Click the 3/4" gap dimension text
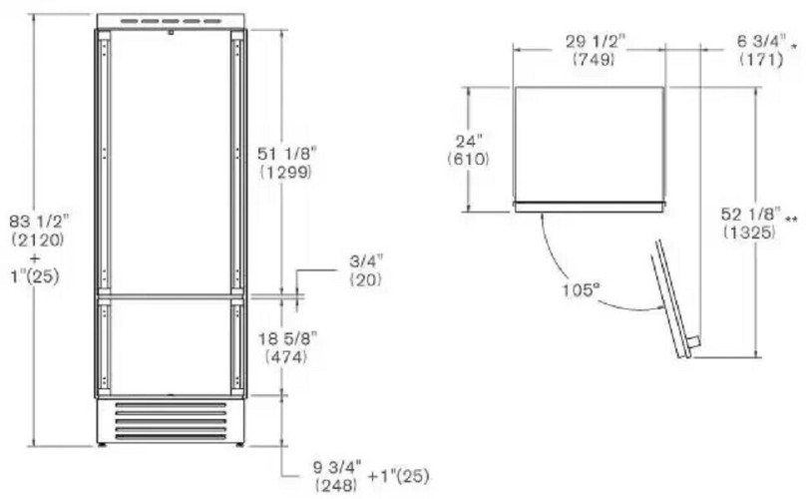366,262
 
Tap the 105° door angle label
581,290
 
